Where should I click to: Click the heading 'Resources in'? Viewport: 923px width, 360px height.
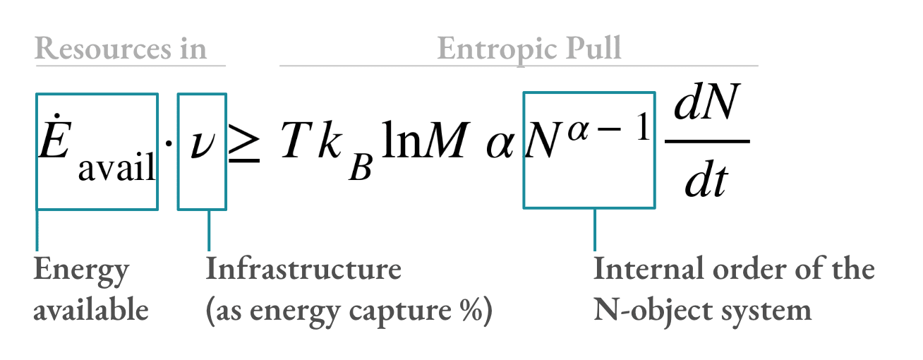click(x=121, y=49)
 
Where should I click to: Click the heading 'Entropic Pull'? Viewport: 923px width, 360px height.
click(x=529, y=49)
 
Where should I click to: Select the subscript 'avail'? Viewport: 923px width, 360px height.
click(x=116, y=169)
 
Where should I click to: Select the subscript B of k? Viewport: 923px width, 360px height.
click(x=361, y=170)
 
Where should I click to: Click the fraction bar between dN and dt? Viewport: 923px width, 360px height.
click(x=707, y=141)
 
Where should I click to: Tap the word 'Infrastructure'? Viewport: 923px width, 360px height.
click(x=303, y=270)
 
